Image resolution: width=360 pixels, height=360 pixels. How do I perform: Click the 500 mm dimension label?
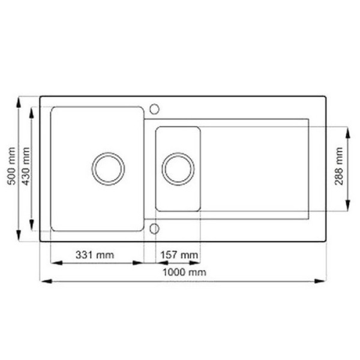11,166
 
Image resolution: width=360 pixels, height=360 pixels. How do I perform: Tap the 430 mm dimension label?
26,166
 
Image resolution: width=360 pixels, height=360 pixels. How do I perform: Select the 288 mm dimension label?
338,166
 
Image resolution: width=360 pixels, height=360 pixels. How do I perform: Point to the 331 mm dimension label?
95,255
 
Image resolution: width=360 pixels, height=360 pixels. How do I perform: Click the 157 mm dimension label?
179,255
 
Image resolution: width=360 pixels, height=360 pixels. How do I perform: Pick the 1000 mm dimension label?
184,272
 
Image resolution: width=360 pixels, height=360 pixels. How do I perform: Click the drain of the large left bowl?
108,169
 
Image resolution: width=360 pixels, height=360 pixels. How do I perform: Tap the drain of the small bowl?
178,169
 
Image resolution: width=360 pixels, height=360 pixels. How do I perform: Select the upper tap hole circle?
154,109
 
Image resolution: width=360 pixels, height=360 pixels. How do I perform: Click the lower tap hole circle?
154,229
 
